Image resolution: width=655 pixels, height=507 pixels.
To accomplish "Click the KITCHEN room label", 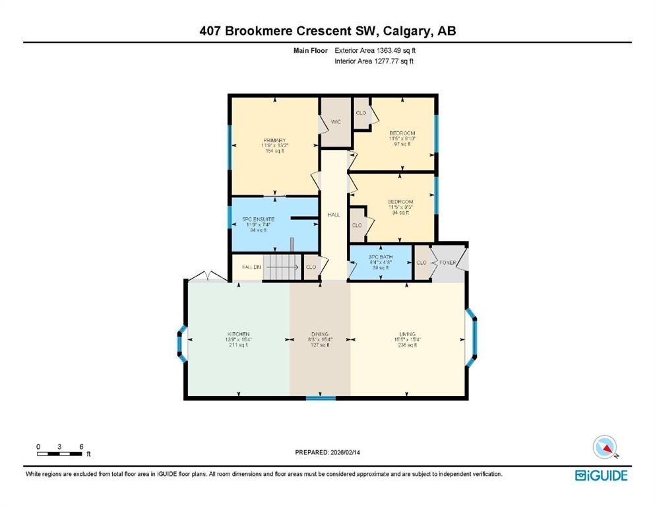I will pos(238,334).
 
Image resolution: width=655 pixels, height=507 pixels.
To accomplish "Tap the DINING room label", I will pos(320,335).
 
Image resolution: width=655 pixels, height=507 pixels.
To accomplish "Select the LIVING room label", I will pos(407,334).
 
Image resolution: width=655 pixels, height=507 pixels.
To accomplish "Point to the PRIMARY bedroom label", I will pos(274,141).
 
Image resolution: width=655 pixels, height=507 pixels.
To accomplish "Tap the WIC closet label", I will pos(335,121).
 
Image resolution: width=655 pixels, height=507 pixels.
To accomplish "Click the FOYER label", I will pos(449,263).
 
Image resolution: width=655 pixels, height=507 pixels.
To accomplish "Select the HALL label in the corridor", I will pos(334,215).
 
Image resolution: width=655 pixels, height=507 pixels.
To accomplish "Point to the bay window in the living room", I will pos(472,338).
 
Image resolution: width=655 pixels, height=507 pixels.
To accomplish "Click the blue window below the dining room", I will pos(321,398).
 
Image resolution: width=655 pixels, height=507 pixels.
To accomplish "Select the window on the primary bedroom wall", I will pos(230,145).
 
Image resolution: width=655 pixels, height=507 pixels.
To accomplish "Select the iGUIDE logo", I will pos(601,475).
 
